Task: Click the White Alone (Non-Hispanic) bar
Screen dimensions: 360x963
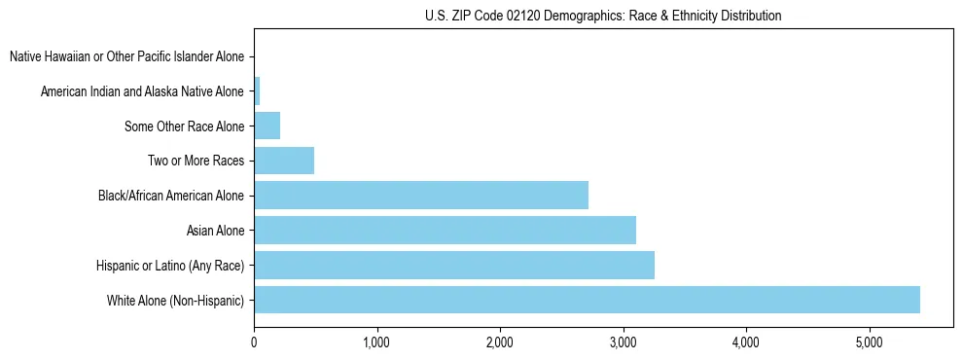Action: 587,300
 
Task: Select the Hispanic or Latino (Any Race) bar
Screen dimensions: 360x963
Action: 454,265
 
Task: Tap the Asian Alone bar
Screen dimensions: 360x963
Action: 445,231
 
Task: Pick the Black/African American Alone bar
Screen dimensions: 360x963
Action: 421,196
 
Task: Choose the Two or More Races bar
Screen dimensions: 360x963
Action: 284,161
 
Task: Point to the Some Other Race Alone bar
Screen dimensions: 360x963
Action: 267,126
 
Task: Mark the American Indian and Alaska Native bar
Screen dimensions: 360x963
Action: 257,91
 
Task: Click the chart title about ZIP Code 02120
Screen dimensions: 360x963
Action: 603,16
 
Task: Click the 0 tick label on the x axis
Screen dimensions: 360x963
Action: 254,342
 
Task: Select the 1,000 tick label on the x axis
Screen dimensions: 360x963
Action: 376,342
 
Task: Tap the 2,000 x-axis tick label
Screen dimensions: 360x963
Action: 500,342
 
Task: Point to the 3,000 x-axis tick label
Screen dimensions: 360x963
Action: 623,342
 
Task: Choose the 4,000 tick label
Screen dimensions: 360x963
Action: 746,342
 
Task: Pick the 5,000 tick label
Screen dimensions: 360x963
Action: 869,342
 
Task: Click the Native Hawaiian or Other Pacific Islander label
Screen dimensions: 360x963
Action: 126,57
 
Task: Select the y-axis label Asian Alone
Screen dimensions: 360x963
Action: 215,231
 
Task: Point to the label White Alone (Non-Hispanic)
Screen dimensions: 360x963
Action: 175,300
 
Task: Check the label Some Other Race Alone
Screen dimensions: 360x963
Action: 184,126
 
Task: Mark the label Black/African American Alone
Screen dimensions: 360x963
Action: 171,197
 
